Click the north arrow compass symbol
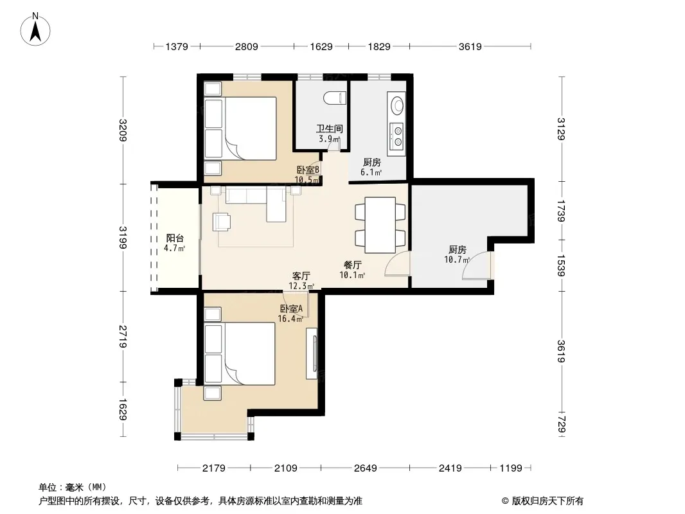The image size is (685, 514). click(x=35, y=30)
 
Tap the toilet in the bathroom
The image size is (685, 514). click(x=335, y=98)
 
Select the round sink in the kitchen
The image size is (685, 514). click(x=398, y=105)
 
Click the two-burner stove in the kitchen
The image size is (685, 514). click(x=398, y=136)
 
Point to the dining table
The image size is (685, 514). click(x=380, y=225)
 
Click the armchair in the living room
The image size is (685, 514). click(x=222, y=222)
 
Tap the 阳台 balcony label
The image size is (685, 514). click(x=175, y=238)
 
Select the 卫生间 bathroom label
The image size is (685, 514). click(x=330, y=129)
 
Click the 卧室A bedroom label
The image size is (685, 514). click(x=291, y=309)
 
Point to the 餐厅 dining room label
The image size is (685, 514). click(x=353, y=265)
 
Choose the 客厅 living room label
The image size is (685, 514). click(x=301, y=276)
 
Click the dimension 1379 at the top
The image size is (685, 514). click(x=177, y=46)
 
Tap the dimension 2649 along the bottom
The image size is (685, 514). click(x=365, y=468)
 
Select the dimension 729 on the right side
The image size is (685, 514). click(x=562, y=425)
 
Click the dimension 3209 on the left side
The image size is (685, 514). click(x=123, y=130)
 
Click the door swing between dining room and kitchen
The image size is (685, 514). click(x=396, y=264)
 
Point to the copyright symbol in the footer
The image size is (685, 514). click(x=505, y=501)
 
